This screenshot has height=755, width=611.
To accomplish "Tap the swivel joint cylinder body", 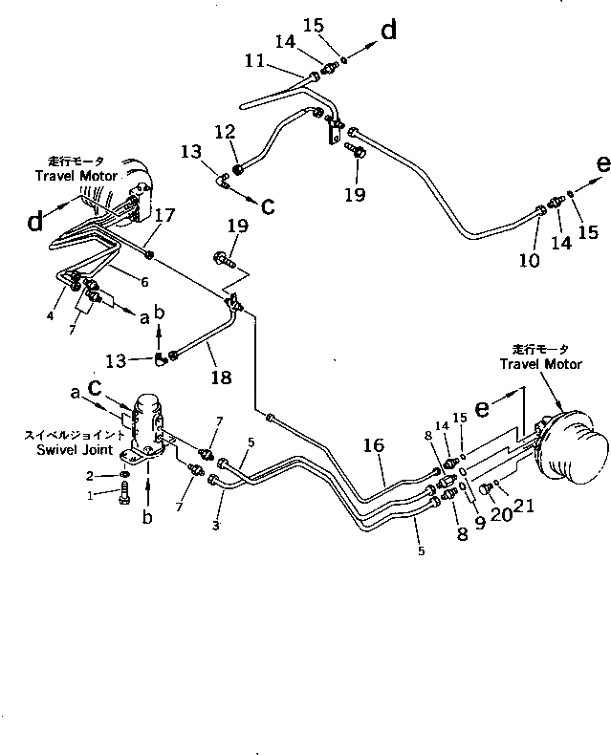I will coord(148,421).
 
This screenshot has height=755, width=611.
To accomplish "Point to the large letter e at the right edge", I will coord(601,163).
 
